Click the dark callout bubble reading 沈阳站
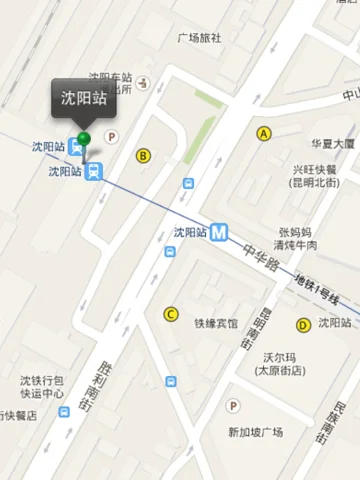coord(84,98)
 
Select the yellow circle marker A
coord(265,133)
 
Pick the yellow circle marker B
coord(144,155)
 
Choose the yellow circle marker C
coord(170,314)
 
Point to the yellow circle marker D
coord(302,324)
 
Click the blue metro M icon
coord(219,231)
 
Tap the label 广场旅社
coord(199,39)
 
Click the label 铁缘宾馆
coord(216,324)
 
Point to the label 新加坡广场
coord(255,432)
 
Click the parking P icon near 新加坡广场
coord(233,406)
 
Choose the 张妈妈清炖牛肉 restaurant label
coord(297,238)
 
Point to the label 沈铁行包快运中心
coord(43,388)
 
